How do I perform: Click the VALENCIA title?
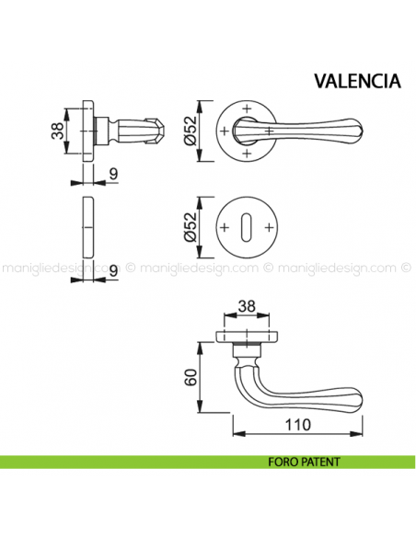click(x=357, y=80)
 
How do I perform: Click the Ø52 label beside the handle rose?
click(x=190, y=132)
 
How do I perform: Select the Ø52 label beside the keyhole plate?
click(x=190, y=226)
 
